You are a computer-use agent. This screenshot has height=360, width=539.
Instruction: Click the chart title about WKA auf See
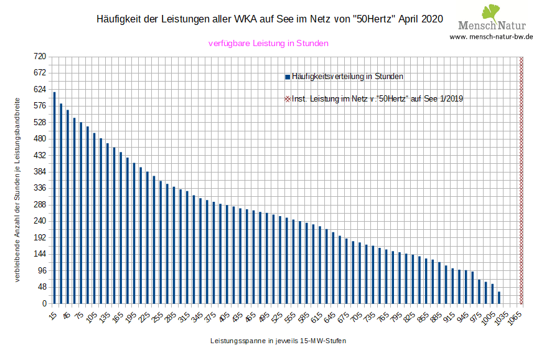point(269,19)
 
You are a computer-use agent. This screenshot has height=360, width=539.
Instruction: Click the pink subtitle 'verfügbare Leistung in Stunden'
point(268,44)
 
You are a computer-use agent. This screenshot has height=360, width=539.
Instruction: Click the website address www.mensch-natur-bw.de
point(491,36)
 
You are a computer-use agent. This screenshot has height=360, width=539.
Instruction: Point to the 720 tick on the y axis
point(40,57)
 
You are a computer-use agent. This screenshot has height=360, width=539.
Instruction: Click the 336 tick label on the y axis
point(40,188)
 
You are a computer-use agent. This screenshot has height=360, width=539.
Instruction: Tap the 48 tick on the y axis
point(42,287)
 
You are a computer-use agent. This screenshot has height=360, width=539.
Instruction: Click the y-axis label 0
point(44,304)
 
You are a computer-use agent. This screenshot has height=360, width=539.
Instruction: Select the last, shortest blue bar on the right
point(499,298)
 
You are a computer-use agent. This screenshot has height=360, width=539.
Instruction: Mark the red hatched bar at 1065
point(522,180)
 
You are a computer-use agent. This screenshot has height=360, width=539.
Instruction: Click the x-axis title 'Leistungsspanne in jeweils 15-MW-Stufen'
point(278,341)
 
